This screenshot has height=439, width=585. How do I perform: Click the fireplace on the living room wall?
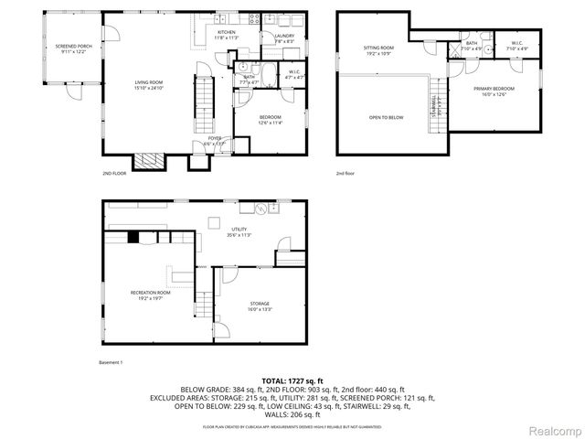click(x=148, y=161)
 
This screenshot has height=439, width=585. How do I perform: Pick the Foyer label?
click(x=214, y=140)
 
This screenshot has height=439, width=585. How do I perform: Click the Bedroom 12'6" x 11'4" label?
click(x=271, y=119)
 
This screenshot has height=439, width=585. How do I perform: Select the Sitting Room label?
click(x=379, y=49)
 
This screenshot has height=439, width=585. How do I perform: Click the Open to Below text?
click(x=386, y=117)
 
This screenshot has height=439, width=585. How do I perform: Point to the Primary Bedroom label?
click(x=494, y=91)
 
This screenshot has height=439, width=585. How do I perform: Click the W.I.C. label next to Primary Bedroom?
click(x=516, y=45)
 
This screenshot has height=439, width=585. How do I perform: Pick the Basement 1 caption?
click(x=110, y=363)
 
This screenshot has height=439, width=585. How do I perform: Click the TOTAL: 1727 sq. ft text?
click(x=292, y=380)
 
